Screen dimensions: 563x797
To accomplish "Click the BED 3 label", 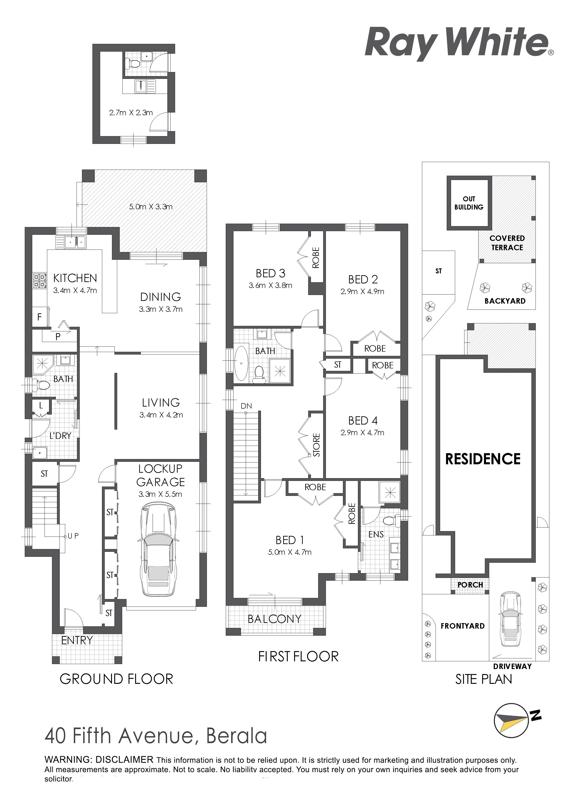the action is [270, 274].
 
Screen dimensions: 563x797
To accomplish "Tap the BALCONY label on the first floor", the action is [274, 619].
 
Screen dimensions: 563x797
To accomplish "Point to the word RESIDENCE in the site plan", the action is [483, 459].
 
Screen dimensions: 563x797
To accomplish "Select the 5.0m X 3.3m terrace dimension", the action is [151, 207].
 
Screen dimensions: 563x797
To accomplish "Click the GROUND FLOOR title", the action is [116, 679].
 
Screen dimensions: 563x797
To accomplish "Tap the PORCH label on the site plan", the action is [470, 585].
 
